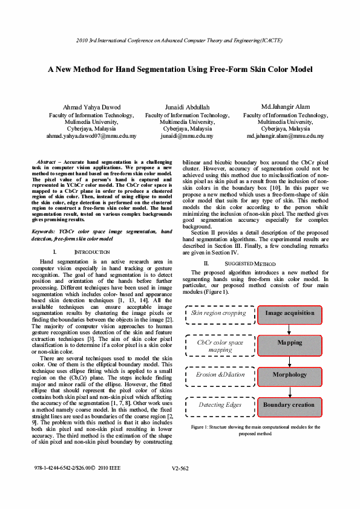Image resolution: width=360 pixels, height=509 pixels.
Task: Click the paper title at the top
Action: [180, 70]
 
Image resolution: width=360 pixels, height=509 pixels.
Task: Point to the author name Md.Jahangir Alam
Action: [286, 107]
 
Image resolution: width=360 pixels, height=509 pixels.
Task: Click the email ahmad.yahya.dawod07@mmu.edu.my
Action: [91, 137]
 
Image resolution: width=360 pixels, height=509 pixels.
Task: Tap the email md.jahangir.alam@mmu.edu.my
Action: [286, 137]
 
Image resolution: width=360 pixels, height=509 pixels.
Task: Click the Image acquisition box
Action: [289, 313]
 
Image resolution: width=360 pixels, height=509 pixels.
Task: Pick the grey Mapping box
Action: [289, 343]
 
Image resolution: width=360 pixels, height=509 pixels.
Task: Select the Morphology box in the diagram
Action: [289, 375]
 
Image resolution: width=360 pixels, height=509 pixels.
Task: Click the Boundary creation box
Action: [289, 405]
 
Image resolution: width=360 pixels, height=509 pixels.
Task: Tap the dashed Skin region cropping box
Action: [218, 313]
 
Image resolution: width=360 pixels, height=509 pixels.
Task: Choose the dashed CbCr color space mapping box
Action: [220, 346]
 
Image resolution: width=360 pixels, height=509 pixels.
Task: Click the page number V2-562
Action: [180, 485]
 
